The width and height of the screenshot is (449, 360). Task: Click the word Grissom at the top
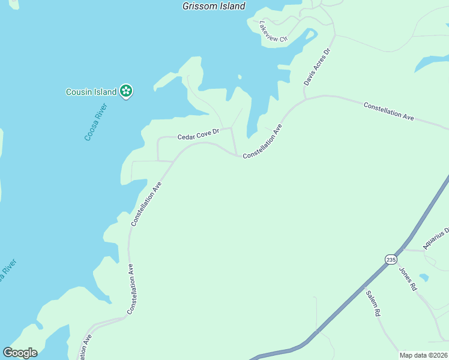[x=199, y=6]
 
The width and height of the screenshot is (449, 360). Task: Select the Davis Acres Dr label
[x=318, y=67]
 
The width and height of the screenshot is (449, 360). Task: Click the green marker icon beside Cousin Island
[x=126, y=91]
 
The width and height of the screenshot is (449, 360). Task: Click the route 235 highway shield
[x=391, y=259]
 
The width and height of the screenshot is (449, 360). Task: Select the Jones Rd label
[x=408, y=278]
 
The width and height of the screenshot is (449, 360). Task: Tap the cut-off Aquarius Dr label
[x=436, y=238]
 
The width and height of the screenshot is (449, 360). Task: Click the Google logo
[x=20, y=353]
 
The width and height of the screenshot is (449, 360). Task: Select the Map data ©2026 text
[x=423, y=355]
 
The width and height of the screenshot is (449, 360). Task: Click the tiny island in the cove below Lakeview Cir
[x=240, y=77]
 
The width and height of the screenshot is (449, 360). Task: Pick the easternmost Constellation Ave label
[x=389, y=111]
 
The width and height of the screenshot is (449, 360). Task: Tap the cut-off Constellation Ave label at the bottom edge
[x=88, y=347]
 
